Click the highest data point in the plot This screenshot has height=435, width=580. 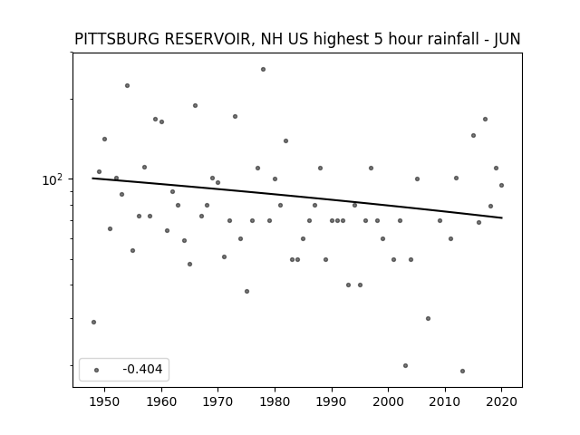pyautogui.click(x=263, y=69)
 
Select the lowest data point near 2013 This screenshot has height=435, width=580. pyautogui.click(x=462, y=371)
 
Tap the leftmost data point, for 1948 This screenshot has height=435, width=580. pyautogui.click(x=93, y=323)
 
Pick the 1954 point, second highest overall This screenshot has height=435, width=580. pyautogui.click(x=127, y=86)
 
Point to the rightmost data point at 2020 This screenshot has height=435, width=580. pyautogui.click(x=501, y=185)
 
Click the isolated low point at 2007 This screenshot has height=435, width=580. pyautogui.click(x=428, y=318)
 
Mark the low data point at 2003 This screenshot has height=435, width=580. pyautogui.click(x=405, y=365)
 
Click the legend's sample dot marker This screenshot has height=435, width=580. pyautogui.click(x=97, y=370)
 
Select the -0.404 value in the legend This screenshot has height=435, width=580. pyautogui.click(x=142, y=369)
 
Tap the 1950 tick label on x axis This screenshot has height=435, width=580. pyautogui.click(x=105, y=401)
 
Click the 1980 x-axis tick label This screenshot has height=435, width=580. pyautogui.click(x=275, y=401)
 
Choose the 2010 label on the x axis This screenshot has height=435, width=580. pyautogui.click(x=445, y=401)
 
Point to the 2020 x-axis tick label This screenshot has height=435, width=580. pyautogui.click(x=501, y=401)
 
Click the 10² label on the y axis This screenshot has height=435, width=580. pyautogui.click(x=53, y=179)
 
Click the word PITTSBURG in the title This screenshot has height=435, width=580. pyautogui.click(x=118, y=39)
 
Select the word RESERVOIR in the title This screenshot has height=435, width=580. pyautogui.click(x=209, y=39)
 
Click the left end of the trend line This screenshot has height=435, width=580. pyautogui.click(x=92, y=179)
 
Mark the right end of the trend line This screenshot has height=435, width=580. pyautogui.click(x=502, y=217)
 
